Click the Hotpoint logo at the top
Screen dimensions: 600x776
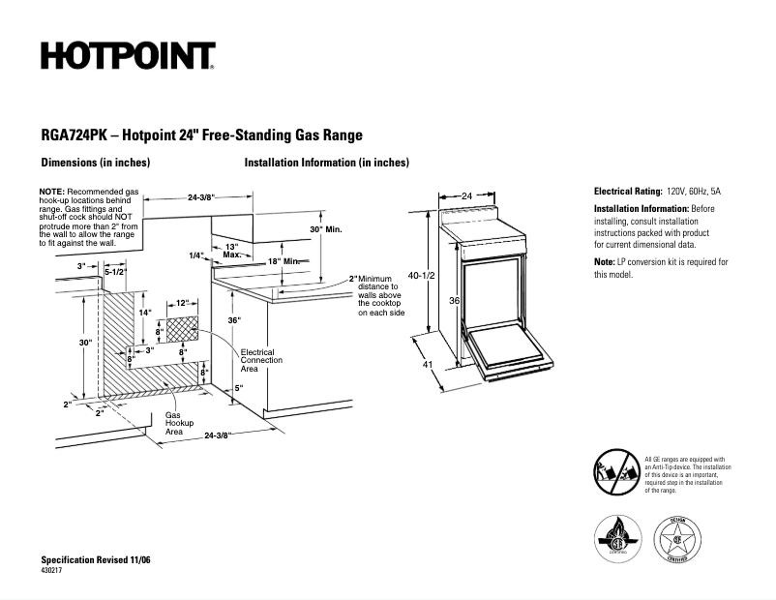coord(128,56)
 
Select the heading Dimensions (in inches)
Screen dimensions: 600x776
coord(95,163)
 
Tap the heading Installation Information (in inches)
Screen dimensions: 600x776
coord(327,163)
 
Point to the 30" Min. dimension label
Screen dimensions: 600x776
coord(326,229)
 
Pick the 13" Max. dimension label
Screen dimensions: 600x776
coord(231,251)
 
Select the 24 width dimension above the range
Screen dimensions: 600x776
coord(466,195)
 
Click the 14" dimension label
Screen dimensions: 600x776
coord(145,313)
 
